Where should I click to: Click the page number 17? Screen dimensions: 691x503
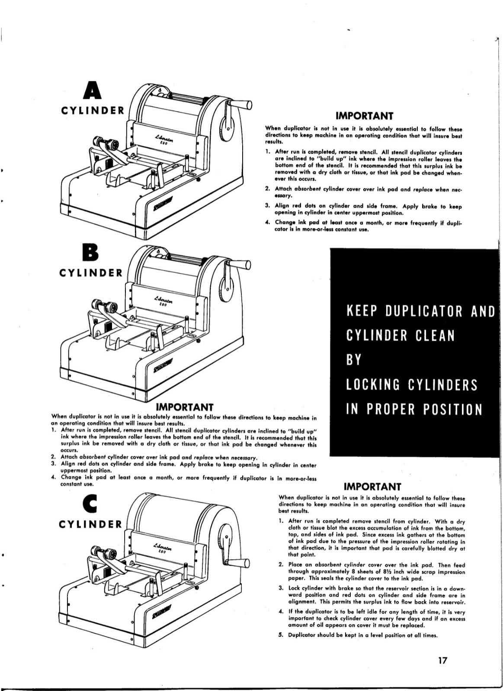click(x=442, y=660)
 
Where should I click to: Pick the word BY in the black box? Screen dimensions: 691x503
click(x=353, y=360)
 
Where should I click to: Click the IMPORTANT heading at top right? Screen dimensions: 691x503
click(x=364, y=116)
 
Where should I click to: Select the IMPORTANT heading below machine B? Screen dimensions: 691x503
click(x=184, y=407)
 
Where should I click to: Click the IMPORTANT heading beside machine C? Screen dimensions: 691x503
click(x=372, y=487)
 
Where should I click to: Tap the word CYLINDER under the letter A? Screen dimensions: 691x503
click(x=93, y=110)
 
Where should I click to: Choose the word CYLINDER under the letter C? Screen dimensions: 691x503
click(x=91, y=524)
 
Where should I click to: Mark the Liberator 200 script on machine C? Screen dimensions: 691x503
click(x=162, y=548)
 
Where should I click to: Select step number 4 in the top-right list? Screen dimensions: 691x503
click(x=267, y=222)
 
